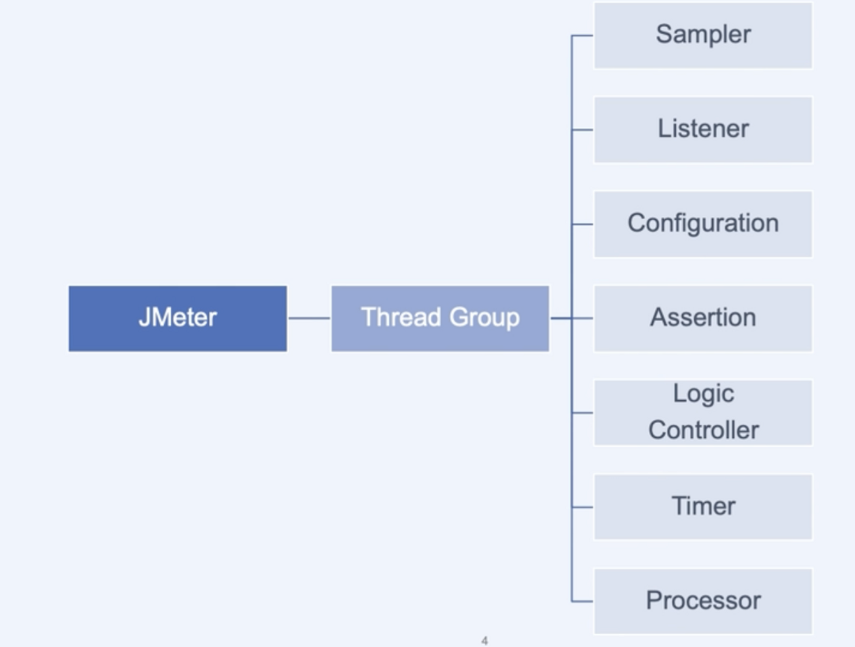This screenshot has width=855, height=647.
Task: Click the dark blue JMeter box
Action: tap(178, 319)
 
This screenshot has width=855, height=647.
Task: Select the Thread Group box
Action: tap(440, 319)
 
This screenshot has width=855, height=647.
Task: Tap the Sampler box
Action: tap(703, 35)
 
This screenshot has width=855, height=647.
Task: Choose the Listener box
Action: tap(703, 130)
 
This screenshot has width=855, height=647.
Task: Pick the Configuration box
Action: tap(703, 225)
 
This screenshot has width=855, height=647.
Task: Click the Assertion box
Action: tap(703, 319)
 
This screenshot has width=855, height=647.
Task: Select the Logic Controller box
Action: tap(703, 413)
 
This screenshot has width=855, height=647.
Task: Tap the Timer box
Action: tap(703, 507)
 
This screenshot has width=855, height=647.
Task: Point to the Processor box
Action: tap(703, 601)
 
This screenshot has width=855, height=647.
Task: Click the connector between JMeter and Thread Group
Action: tap(309, 318)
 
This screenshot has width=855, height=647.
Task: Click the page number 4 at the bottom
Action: tap(485, 641)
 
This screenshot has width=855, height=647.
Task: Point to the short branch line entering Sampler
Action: tap(583, 35)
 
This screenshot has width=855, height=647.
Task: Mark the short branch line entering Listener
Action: tap(583, 130)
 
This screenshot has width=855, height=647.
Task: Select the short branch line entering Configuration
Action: tap(583, 225)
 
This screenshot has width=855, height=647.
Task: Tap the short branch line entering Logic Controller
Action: tap(583, 413)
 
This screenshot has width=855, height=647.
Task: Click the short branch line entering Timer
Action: tap(583, 507)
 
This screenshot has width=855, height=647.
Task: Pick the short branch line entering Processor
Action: tap(583, 601)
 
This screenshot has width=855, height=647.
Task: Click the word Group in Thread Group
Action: tap(485, 318)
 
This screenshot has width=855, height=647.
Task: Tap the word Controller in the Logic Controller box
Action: tap(703, 429)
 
